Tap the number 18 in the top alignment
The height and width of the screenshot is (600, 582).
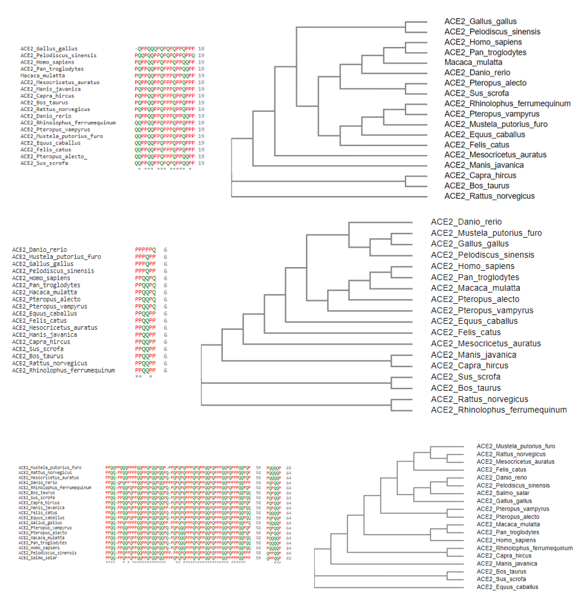tap(201, 49)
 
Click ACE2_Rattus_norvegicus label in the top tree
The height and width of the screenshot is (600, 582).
tap(489, 196)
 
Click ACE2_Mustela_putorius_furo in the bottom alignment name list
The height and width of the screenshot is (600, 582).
tap(50, 468)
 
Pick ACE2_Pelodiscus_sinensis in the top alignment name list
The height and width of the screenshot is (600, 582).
tap(58, 55)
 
